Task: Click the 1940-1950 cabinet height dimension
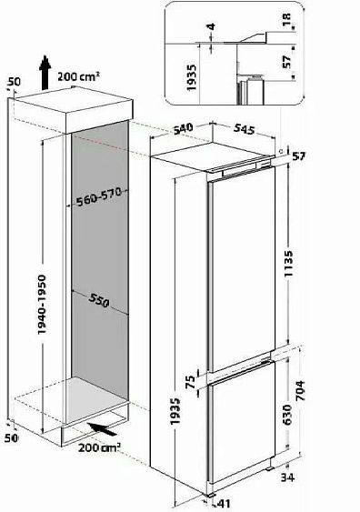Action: pyautogui.click(x=42, y=305)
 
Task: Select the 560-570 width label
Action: pyautogui.click(x=99, y=196)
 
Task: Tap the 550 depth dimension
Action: pyautogui.click(x=98, y=300)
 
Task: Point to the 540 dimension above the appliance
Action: pyautogui.click(x=183, y=128)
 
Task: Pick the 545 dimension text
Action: pyautogui.click(x=244, y=129)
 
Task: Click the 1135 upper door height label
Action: pyautogui.click(x=288, y=264)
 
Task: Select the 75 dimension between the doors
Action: pyautogui.click(x=190, y=382)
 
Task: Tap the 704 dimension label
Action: pyautogui.click(x=299, y=391)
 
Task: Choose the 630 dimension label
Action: pyautogui.click(x=287, y=415)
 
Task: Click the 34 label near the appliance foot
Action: pyautogui.click(x=287, y=477)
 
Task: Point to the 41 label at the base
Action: pyautogui.click(x=224, y=504)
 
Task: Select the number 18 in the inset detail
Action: pyautogui.click(x=287, y=20)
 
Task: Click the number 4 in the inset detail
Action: pyautogui.click(x=211, y=26)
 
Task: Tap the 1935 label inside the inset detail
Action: pyautogui.click(x=191, y=77)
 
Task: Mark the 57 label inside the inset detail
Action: pyautogui.click(x=286, y=62)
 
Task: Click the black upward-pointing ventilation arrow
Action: pyautogui.click(x=45, y=72)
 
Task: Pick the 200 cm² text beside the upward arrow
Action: pyautogui.click(x=78, y=76)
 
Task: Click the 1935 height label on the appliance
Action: pyautogui.click(x=175, y=411)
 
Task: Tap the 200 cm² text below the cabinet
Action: pyautogui.click(x=99, y=447)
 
